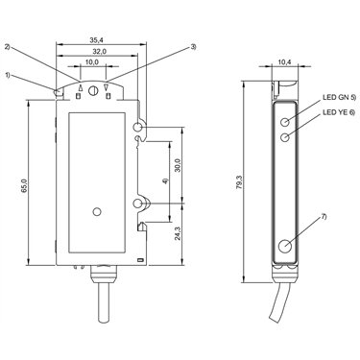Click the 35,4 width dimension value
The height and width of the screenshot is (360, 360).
tap(95, 40)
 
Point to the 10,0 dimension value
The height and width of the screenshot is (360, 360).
tap(92, 62)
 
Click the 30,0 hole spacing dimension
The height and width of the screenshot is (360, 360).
tap(179, 165)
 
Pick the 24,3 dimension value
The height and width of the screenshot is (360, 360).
tap(179, 233)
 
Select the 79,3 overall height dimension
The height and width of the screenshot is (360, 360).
tap(239, 182)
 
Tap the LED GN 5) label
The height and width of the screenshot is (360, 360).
tap(339, 98)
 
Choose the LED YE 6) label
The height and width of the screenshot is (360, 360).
tap(339, 112)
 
